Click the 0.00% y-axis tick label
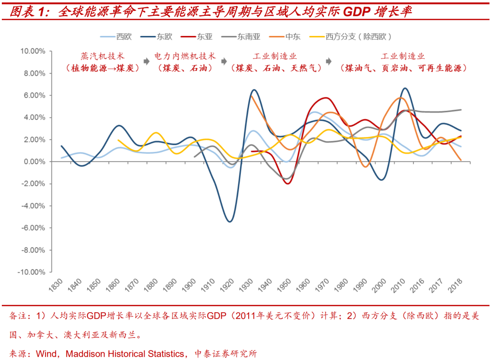[x=35, y=162]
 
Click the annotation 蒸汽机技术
[x=102, y=56]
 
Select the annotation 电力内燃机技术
[x=185, y=56]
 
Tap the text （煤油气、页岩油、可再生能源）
[x=403, y=68]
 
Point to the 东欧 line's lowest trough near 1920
[x=230, y=221]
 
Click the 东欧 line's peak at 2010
[x=405, y=88]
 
